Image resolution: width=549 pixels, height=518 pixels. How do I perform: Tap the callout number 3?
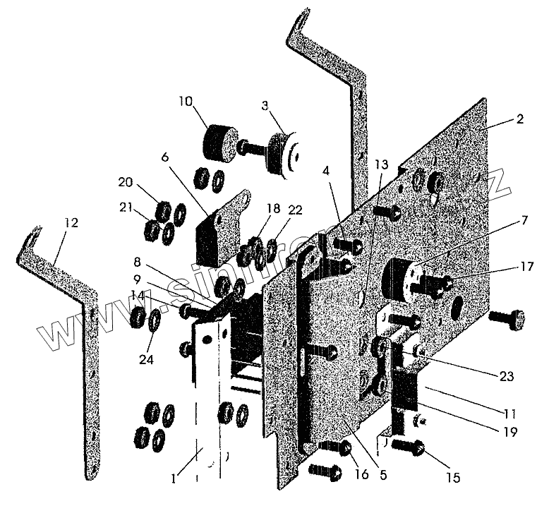point(265,107)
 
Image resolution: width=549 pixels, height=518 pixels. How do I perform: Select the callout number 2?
point(519,119)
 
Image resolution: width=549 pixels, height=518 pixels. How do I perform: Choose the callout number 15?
point(452,478)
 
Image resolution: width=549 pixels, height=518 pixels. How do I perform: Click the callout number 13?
point(380,164)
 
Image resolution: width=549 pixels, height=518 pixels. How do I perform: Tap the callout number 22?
point(295,210)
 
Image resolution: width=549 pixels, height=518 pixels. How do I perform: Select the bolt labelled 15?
point(409,448)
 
